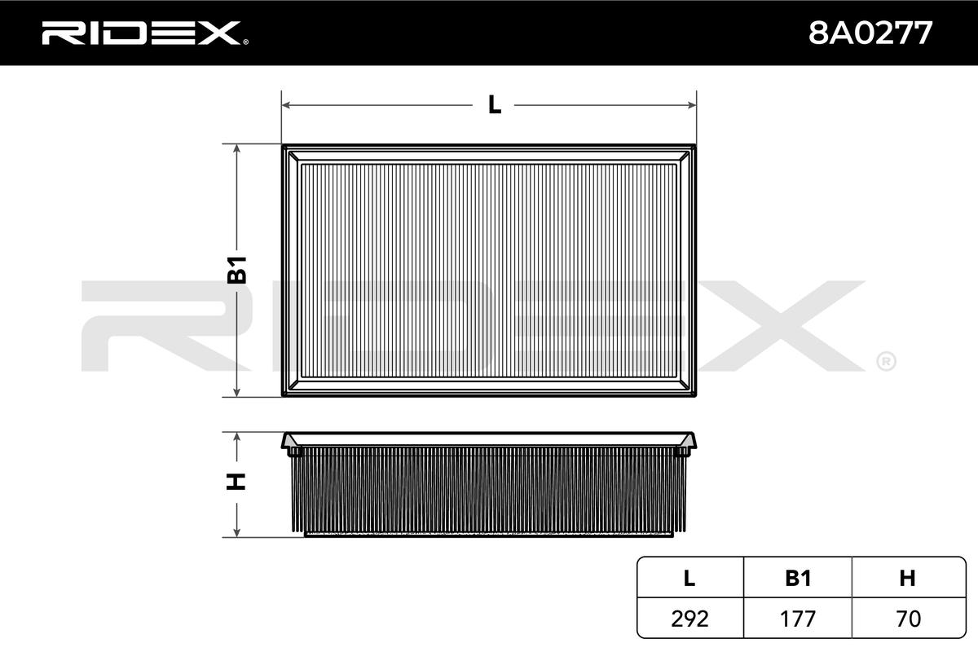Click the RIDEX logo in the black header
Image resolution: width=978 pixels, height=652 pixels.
coord(144,33)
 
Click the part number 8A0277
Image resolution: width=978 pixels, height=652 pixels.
coord(870,33)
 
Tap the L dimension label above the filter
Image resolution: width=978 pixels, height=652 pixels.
coord(494,105)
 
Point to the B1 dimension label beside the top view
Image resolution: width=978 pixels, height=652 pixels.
coord(237,270)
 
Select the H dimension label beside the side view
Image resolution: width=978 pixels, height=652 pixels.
coord(236,481)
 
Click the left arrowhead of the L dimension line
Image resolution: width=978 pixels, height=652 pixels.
coord(286,105)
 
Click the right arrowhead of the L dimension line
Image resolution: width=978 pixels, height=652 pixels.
coord(692,105)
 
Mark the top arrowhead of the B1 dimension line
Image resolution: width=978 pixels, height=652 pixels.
coord(236,149)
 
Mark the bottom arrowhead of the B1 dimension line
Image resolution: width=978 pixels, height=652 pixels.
coord(236,392)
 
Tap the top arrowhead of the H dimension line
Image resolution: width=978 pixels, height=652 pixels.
coord(236,437)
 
